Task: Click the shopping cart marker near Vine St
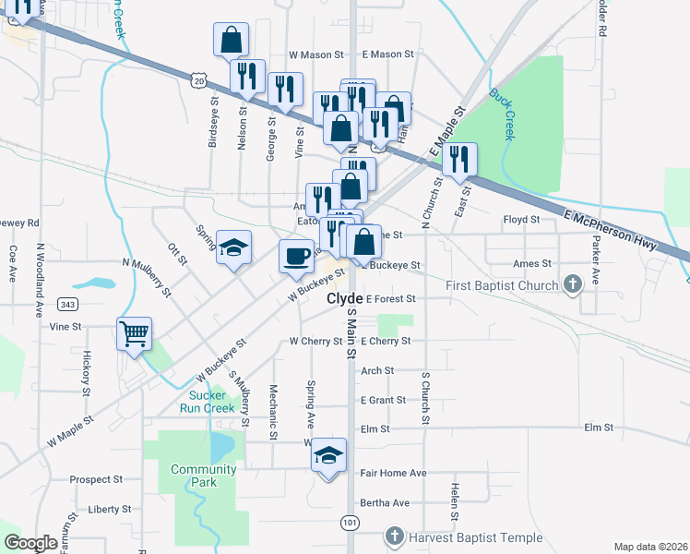tap(135, 334)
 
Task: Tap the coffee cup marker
tap(296, 256)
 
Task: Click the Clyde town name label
tap(344, 300)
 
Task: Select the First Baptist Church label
tap(503, 285)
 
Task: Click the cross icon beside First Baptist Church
tap(573, 285)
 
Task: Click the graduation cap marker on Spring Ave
tap(328, 455)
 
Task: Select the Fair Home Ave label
tap(393, 473)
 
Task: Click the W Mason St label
tap(316, 54)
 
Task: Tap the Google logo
tap(31, 543)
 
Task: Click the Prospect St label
tap(96, 480)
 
